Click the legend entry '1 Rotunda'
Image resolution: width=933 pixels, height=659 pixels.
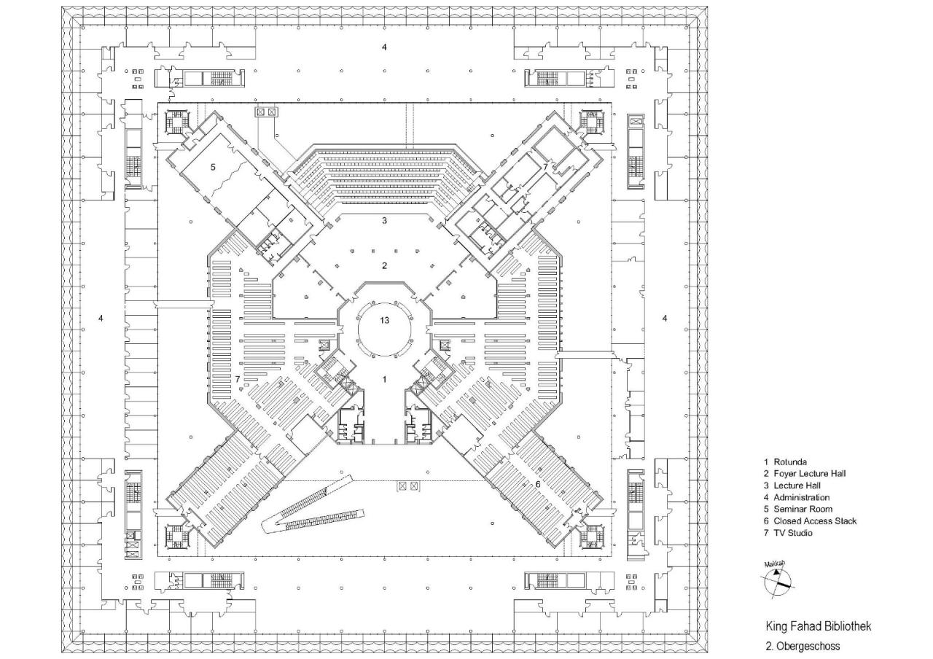pyautogui.click(x=785, y=461)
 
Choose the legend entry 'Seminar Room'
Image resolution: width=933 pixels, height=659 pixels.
pyautogui.click(x=797, y=509)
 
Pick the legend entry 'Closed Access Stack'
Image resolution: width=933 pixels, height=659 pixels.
pyautogui.click(x=810, y=520)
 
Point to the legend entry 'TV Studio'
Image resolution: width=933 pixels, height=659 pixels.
pyautogui.click(x=793, y=533)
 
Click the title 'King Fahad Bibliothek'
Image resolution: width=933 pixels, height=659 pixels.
pyautogui.click(x=818, y=626)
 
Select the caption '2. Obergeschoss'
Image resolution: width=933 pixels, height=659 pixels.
pyautogui.click(x=803, y=646)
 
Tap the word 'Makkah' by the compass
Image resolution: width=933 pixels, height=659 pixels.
pyautogui.click(x=773, y=564)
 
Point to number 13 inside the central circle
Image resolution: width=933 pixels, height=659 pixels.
pyautogui.click(x=384, y=320)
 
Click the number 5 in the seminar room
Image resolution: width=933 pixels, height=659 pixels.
pyautogui.click(x=213, y=167)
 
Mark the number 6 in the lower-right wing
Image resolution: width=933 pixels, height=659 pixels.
pyautogui.click(x=538, y=484)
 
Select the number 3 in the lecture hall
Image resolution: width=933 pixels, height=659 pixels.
pyautogui.click(x=384, y=220)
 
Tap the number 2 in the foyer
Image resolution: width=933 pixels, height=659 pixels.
pyautogui.click(x=384, y=265)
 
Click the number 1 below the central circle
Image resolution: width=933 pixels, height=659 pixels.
pyautogui.click(x=384, y=379)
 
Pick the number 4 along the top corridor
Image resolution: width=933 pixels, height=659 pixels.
pyautogui.click(x=384, y=47)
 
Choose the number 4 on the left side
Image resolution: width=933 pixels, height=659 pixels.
pyautogui.click(x=101, y=318)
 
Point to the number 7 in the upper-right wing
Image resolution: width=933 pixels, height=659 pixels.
pyautogui.click(x=544, y=167)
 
